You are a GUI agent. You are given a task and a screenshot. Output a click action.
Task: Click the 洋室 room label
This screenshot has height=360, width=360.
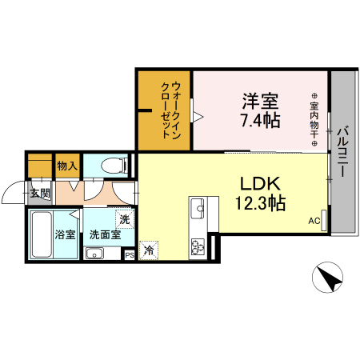(x=261, y=102)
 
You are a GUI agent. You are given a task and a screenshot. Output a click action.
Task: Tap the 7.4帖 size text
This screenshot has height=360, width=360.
(x=261, y=121)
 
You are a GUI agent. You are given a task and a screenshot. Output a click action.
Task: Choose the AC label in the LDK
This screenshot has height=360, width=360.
(x=314, y=222)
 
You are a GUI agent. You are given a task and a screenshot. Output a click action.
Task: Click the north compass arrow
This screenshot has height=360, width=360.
(x=328, y=280)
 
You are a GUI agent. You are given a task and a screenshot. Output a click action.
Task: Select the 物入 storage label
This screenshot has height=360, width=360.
(x=66, y=166)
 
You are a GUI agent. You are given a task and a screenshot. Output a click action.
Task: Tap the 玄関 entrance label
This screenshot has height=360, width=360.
(x=40, y=193)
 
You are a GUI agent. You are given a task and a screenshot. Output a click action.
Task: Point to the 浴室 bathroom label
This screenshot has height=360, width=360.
(x=65, y=235)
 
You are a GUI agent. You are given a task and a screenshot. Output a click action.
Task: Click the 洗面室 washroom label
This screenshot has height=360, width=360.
(x=105, y=235)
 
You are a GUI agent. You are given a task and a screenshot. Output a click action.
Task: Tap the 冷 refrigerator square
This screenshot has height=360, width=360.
(x=149, y=250)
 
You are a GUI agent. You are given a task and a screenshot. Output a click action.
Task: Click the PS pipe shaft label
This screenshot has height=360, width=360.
(x=130, y=255)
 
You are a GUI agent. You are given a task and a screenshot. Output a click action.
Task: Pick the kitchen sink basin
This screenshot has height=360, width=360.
(x=198, y=210)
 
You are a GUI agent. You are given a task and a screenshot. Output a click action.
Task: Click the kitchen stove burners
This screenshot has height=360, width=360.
(x=198, y=244)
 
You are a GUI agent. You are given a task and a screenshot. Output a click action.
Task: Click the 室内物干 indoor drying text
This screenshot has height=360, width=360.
(x=315, y=120)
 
